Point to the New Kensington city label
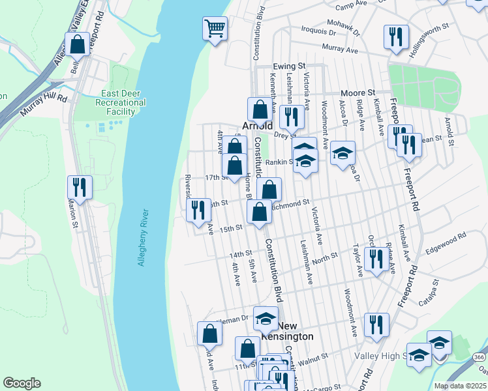(296, 331)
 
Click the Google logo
(22, 383)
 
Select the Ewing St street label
(289, 66)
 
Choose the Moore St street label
(358, 93)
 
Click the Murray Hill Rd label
(44, 105)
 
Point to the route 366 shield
(479, 357)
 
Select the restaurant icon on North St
(376, 259)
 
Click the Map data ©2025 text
(460, 386)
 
